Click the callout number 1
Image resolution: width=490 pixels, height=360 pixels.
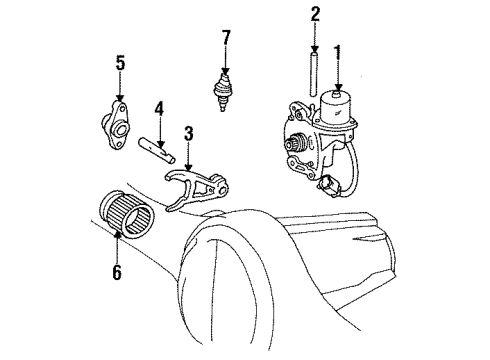click(338, 51)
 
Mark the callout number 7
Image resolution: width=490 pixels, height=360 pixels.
click(225, 38)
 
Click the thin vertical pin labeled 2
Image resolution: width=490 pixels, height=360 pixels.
click(314, 74)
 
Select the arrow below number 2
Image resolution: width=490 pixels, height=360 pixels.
click(314, 40)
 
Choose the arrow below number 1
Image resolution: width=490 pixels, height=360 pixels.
click(338, 74)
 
